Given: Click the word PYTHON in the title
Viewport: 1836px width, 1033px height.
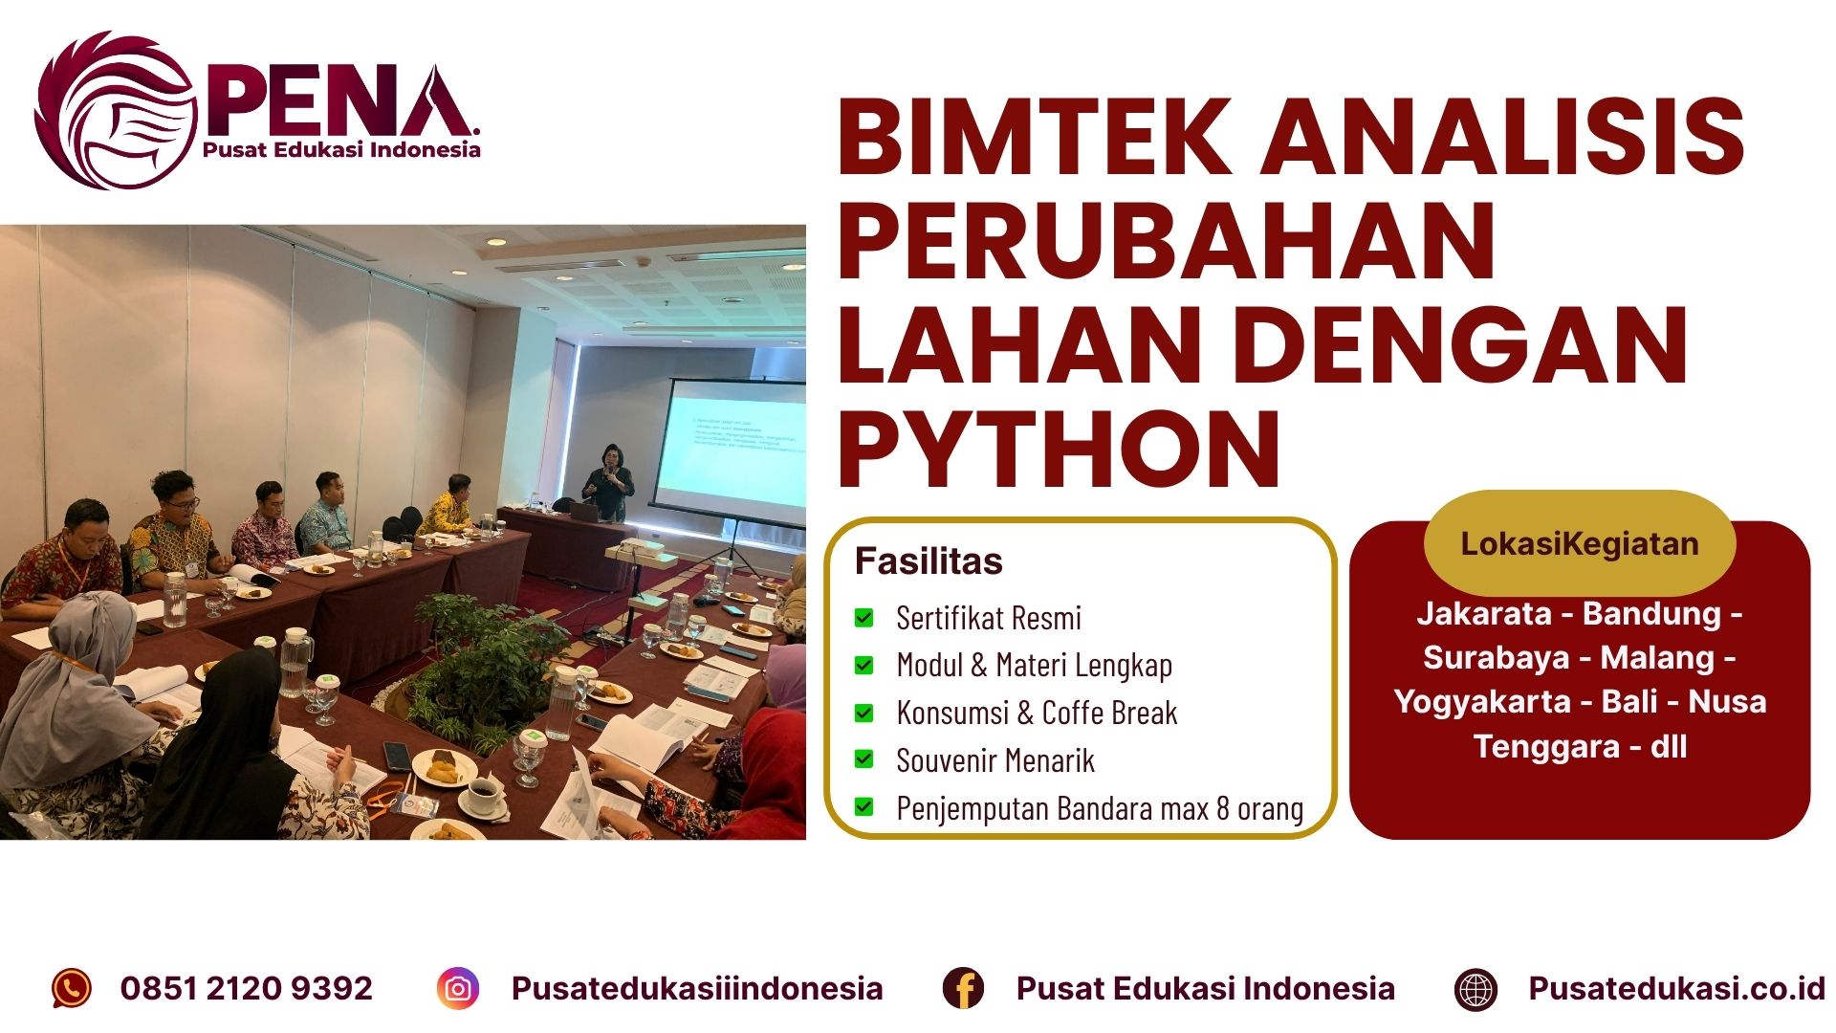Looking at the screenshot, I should pyautogui.click(x=1060, y=450).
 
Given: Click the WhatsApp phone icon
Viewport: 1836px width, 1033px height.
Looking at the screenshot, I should pyautogui.click(x=72, y=988).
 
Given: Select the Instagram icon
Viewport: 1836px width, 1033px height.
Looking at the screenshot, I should pyautogui.click(x=458, y=988).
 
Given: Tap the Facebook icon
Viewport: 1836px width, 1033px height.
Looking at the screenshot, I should pyautogui.click(x=963, y=988).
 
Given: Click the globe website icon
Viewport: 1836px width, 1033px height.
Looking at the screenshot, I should pyautogui.click(x=1475, y=989).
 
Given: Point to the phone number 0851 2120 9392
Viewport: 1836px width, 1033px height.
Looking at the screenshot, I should pyautogui.click(x=247, y=988).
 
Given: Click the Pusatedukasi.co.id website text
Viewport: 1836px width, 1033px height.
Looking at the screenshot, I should pyautogui.click(x=1676, y=988).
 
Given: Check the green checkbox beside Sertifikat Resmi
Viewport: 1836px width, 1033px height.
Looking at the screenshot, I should pyautogui.click(x=863, y=618).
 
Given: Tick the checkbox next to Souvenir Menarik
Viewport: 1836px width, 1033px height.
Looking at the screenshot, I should pyautogui.click(x=863, y=759).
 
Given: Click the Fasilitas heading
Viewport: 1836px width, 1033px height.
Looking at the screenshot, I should pyautogui.click(x=929, y=561).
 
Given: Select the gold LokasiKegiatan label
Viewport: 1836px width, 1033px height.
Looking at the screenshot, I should pyautogui.click(x=1579, y=543).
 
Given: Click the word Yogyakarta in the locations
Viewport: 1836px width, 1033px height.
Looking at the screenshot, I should pyautogui.click(x=1481, y=701).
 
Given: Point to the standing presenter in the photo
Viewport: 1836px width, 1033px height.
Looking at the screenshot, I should pyautogui.click(x=608, y=484).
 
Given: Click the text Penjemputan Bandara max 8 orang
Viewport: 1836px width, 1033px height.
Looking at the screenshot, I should pyautogui.click(x=1100, y=808).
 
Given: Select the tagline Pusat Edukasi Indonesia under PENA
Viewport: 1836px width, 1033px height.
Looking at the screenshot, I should pyautogui.click(x=341, y=149).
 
